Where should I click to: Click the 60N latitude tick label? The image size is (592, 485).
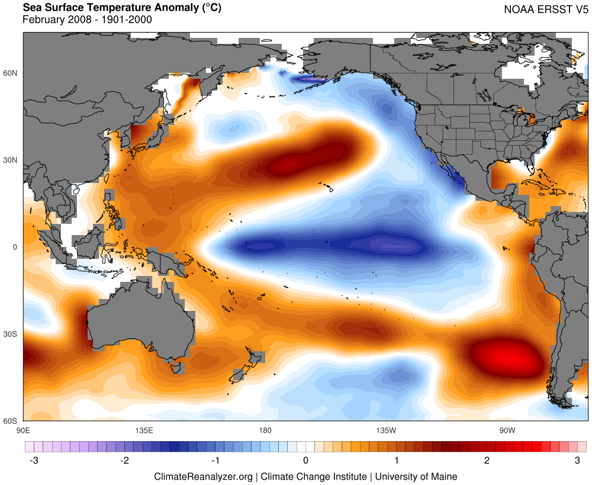pos(11,73)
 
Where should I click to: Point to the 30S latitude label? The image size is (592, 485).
pos(11,334)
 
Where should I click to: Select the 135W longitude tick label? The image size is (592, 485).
pos(385,430)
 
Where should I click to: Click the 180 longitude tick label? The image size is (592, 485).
pos(265,430)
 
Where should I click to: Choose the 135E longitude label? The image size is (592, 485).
pos(144,430)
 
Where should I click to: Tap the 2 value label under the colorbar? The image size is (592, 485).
pos(487,460)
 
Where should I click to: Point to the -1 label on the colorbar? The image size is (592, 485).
pos(215,460)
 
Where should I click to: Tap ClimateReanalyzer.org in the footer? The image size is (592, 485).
pos(203,476)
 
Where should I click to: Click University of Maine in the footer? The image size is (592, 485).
pos(416,476)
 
